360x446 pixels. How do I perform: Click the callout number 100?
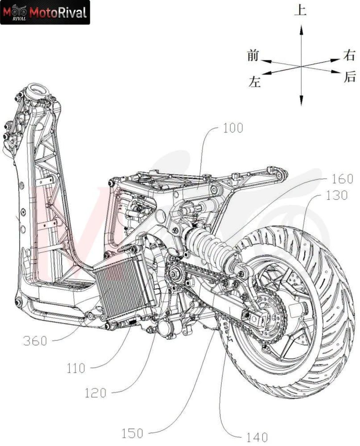pos(233,128)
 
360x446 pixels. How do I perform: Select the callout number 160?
pos(343,179)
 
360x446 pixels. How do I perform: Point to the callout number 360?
pos(35,341)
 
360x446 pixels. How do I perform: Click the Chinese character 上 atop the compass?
pos(301,10)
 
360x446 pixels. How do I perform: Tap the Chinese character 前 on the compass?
pos(253,55)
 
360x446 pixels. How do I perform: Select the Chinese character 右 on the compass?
pos(349,56)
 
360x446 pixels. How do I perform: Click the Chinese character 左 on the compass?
pos(254,81)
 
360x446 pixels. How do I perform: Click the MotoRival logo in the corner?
pos(45,12)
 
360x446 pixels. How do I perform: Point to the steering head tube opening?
pos(38,91)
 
